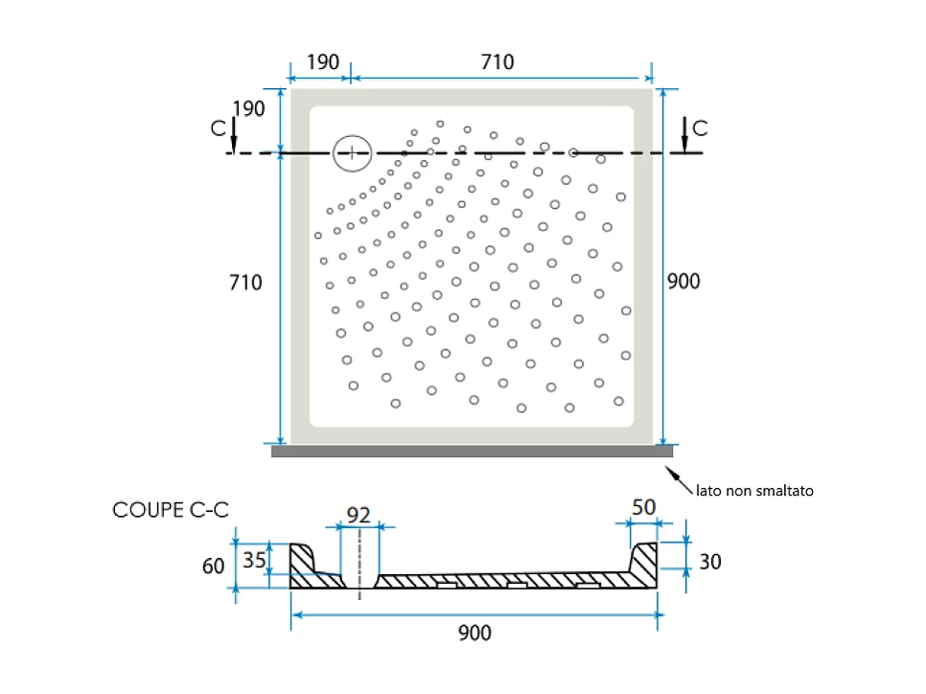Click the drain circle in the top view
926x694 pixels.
click(352, 134)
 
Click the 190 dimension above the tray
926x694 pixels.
click(323, 62)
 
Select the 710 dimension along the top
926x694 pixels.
click(498, 62)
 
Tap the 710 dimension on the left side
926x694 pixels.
click(245, 283)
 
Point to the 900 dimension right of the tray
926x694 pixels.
click(683, 281)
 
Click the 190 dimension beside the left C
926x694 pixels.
click(248, 108)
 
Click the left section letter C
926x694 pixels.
click(218, 128)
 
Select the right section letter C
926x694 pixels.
click(700, 128)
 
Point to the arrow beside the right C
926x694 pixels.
click(685, 134)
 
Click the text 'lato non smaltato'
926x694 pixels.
click(754, 491)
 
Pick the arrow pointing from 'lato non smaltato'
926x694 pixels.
click(679, 480)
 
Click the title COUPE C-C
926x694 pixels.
click(171, 510)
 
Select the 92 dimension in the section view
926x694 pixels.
click(359, 516)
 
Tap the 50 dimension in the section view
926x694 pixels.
click(644, 507)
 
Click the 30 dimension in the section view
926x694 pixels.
click(710, 562)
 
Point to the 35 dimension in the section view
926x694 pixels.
click(255, 560)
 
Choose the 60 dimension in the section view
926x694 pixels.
click(213, 567)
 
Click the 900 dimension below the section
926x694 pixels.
click(475, 634)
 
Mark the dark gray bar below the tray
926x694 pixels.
click(472, 451)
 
